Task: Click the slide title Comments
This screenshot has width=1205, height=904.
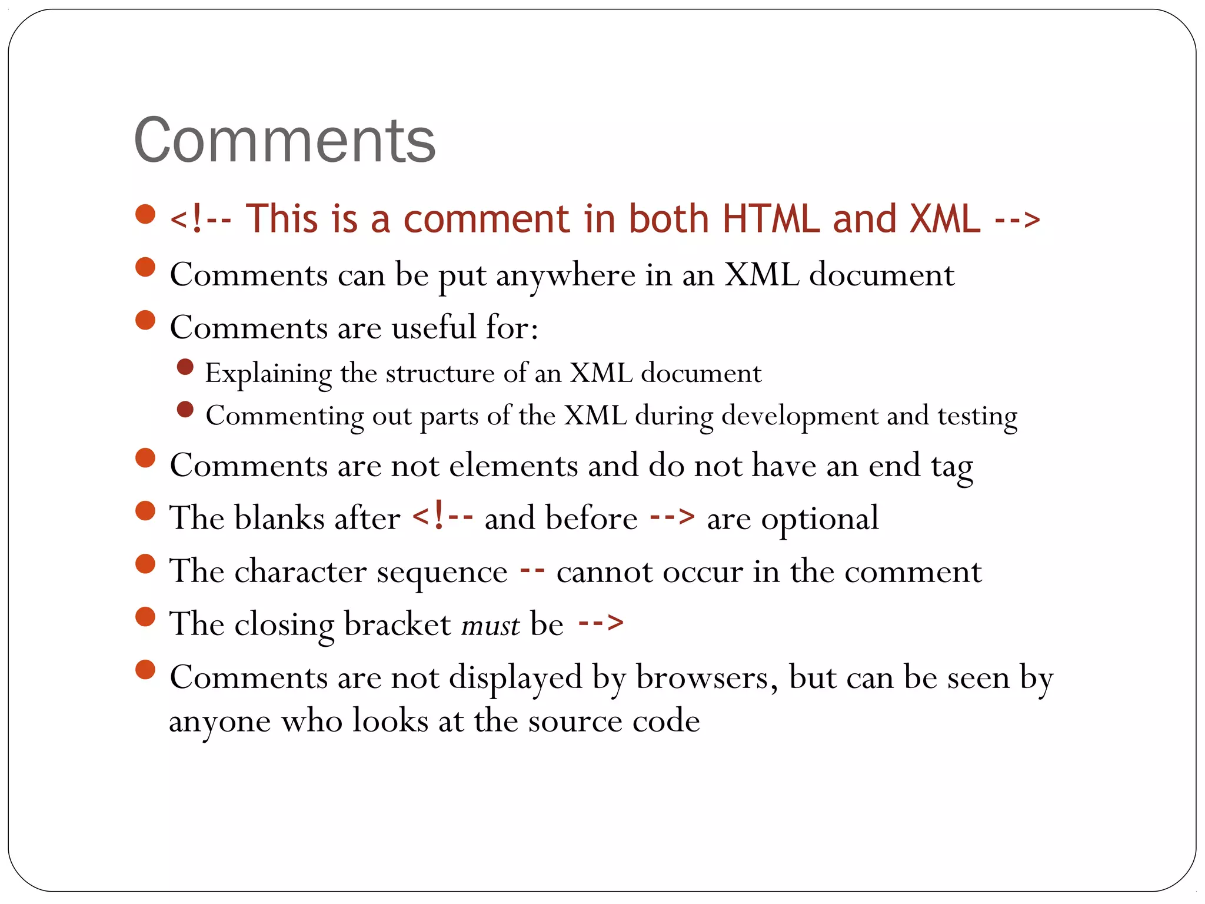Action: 285,141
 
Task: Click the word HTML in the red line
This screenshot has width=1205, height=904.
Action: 771,220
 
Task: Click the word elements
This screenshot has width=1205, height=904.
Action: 514,466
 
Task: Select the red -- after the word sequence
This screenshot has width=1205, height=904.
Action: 532,570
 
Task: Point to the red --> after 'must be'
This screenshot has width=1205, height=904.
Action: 601,623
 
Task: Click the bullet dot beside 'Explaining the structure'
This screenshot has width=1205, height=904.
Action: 185,367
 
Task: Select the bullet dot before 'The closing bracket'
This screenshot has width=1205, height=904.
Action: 145,617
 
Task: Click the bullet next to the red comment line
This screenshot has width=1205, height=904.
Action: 145,214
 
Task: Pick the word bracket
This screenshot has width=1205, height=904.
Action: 398,624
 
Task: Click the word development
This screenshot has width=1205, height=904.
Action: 800,416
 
